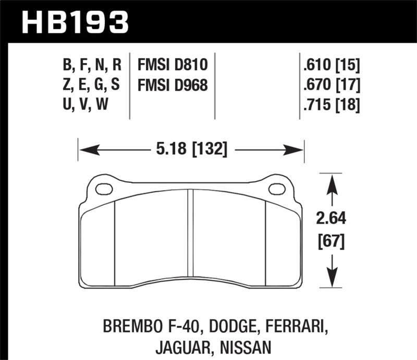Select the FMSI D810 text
click(x=173, y=65)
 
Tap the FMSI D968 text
click(x=173, y=84)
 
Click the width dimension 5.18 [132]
click(x=192, y=150)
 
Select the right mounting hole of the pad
click(x=276, y=189)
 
